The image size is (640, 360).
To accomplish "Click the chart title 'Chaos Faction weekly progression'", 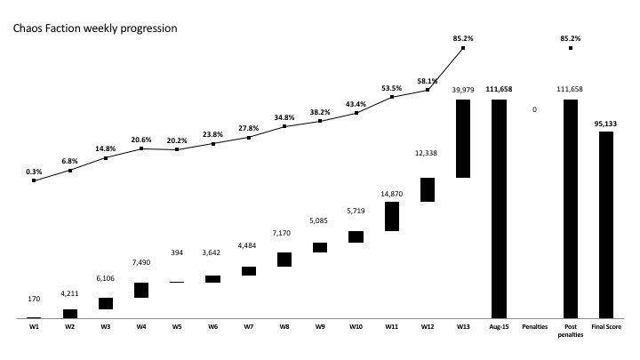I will pos(94,28).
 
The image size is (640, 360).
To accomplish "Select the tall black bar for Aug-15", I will pos(499,208).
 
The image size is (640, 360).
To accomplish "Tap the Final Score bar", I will pos(606,224).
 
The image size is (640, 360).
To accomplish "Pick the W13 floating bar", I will pos(462,138).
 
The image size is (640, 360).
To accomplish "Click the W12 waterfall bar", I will pos(427,189).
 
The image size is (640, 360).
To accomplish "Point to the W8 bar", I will pos(284,259).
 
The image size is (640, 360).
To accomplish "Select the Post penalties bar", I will pos(571,208).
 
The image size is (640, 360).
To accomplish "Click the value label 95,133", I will pos(606,124).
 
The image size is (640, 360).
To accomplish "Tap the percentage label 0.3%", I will pos(34,171).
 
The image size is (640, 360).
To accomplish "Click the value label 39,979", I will pos(462,91).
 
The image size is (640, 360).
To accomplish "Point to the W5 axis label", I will pos(177,327).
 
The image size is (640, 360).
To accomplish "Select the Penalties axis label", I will pos(534,327).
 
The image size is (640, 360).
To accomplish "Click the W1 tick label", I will pos(34,327).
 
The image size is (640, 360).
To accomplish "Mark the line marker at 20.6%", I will pos(142,148).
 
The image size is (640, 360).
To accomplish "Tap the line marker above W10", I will pos(356,113).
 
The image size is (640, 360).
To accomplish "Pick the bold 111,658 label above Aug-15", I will pos(499,91).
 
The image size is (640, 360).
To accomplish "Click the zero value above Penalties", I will pos(534,109).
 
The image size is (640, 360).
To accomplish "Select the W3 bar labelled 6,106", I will pos(106,303).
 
